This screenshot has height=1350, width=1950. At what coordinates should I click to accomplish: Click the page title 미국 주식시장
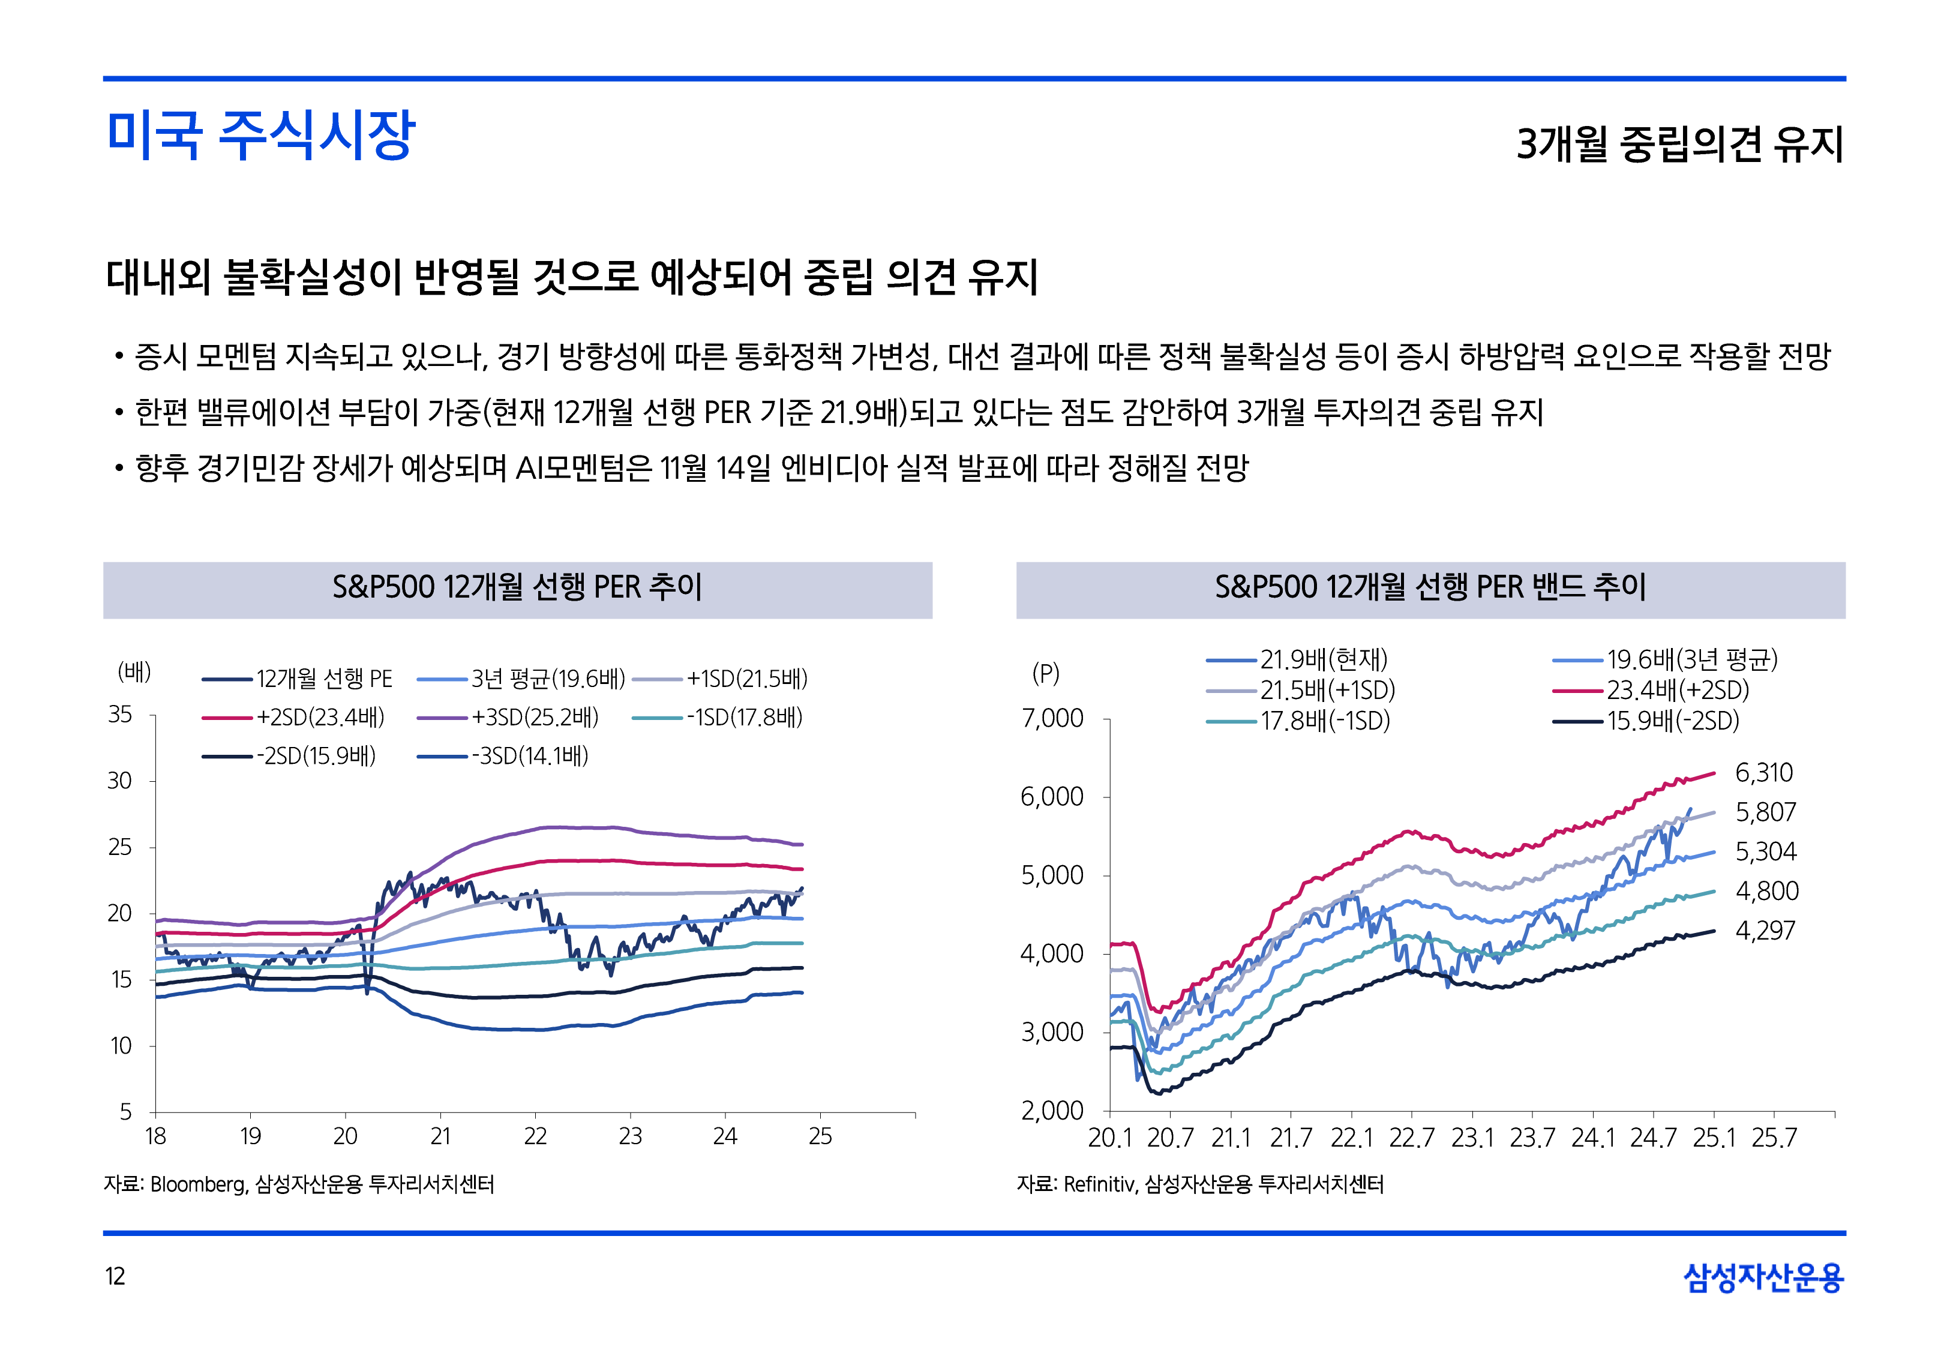[260, 136]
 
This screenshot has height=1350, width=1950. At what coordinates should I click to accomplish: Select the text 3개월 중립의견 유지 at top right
[1679, 144]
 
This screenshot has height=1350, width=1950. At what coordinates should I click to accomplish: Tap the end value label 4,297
[1764, 931]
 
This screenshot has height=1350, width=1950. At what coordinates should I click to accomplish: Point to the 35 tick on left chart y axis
[120, 715]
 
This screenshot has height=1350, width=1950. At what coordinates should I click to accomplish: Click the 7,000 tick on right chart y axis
[1052, 718]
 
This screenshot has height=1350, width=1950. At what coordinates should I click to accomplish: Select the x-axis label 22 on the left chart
[535, 1136]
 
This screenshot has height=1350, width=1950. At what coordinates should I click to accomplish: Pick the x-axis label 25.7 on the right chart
[1773, 1138]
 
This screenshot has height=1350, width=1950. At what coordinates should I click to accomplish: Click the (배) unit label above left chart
[134, 673]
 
